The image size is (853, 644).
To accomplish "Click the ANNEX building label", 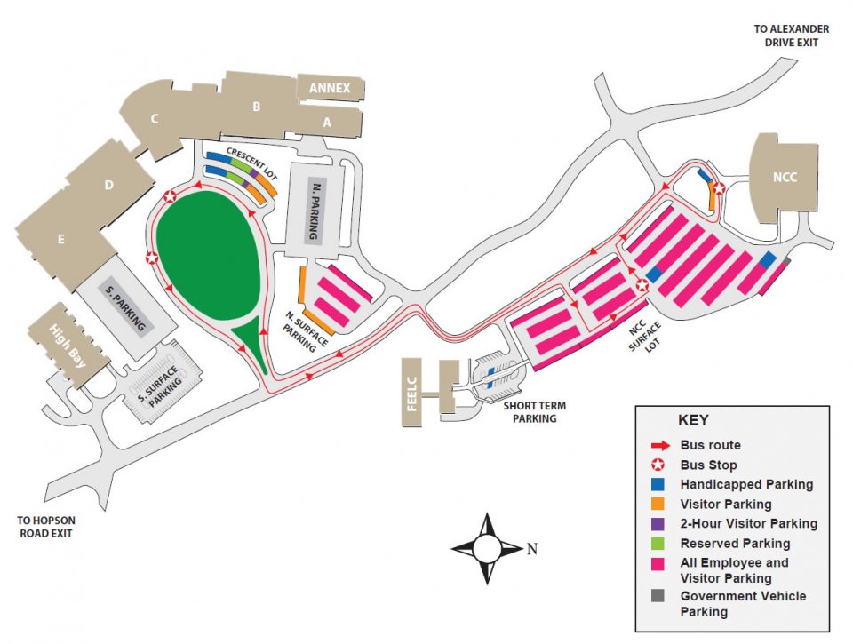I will click(330, 88).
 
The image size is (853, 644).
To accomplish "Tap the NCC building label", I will click(785, 177).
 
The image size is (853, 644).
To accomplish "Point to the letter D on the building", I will click(108, 185).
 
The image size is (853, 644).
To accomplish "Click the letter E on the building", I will click(61, 239).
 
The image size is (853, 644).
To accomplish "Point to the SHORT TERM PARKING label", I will click(534, 412).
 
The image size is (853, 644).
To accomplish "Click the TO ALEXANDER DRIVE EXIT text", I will click(791, 35).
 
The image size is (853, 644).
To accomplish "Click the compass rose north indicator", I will click(532, 549).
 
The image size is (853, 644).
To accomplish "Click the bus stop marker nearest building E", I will click(152, 258).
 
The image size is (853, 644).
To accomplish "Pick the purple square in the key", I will click(658, 524).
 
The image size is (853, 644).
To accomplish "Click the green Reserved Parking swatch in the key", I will click(658, 544).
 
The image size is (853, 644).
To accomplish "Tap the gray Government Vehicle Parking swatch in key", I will click(658, 597).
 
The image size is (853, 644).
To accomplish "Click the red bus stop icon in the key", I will click(658, 465).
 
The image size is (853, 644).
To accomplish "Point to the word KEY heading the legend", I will click(693, 421).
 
